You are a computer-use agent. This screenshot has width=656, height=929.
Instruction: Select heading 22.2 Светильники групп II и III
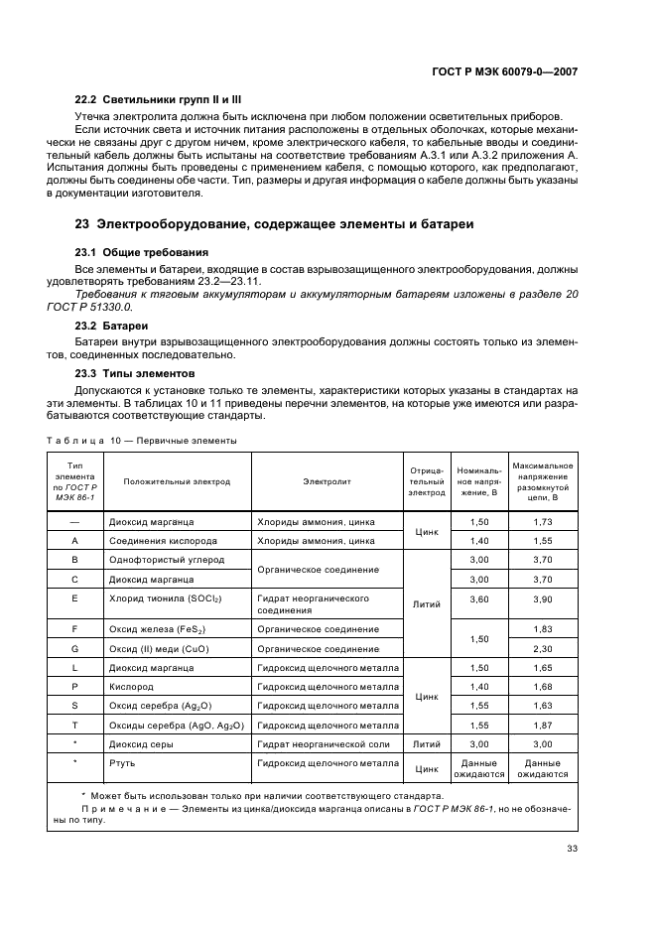[159, 101]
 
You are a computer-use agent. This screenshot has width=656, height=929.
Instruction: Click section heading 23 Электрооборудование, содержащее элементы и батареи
[267, 224]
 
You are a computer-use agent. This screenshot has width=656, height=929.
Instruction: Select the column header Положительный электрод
[177, 481]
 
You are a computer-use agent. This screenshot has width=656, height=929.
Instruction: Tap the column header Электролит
[327, 481]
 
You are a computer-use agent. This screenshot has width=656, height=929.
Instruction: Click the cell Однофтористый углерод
[165, 560]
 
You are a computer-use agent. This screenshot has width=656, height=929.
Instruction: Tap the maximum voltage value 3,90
[542, 598]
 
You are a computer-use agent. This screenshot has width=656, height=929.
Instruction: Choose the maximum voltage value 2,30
[542, 648]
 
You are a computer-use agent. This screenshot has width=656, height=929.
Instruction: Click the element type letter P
[74, 687]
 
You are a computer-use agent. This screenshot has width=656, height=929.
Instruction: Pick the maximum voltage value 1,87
[542, 725]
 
